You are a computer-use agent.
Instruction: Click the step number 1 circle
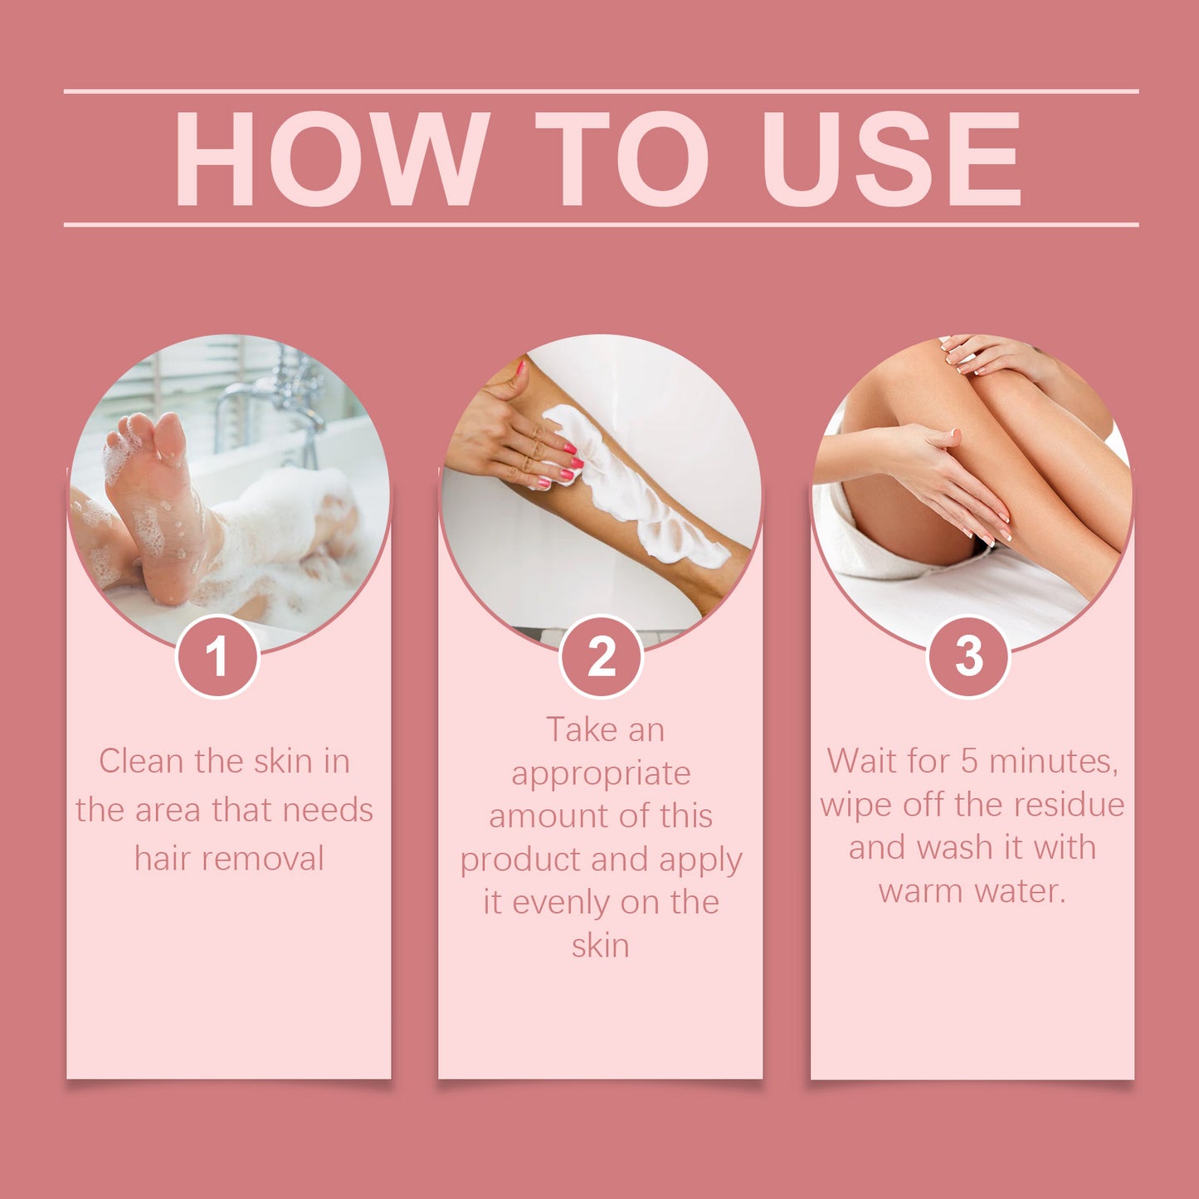(217, 656)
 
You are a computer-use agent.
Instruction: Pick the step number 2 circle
(602, 656)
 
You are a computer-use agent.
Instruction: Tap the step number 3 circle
(968, 656)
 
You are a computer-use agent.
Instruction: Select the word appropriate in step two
(601, 774)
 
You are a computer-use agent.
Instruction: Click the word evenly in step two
(561, 903)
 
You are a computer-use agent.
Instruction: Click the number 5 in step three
(969, 761)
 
